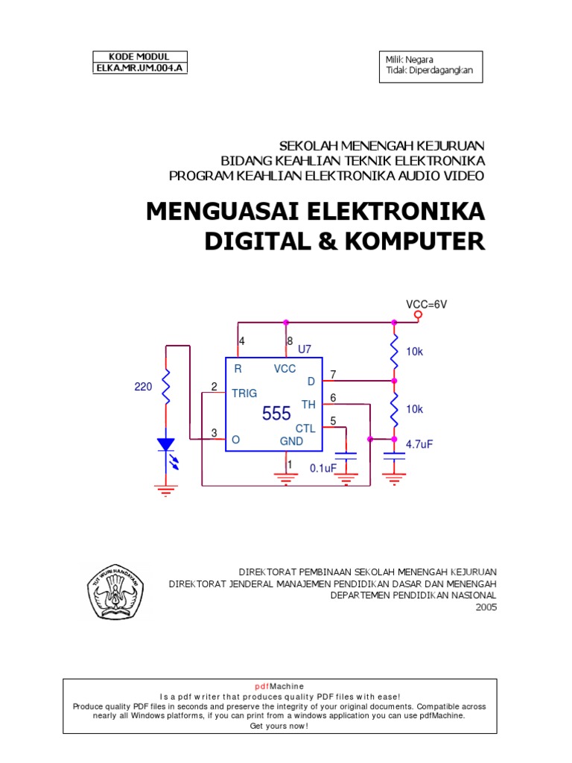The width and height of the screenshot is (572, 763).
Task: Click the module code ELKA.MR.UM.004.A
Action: [x=139, y=68]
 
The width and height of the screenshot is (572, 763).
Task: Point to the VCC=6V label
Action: [x=425, y=304]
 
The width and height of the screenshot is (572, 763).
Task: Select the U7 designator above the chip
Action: [x=304, y=349]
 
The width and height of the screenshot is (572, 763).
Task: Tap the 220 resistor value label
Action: [x=142, y=387]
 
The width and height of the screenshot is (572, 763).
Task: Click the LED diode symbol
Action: [x=165, y=446]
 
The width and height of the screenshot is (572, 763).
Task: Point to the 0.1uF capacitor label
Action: [x=323, y=469]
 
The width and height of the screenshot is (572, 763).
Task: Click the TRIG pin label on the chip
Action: [x=244, y=393]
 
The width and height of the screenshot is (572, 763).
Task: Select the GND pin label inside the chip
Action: [x=291, y=441]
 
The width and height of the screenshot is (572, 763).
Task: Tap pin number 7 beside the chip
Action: [x=333, y=374]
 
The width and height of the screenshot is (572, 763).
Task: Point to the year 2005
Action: [x=485, y=607]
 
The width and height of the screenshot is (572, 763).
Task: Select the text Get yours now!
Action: [x=285, y=726]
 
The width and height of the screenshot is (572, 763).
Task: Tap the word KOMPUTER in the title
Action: [x=413, y=241]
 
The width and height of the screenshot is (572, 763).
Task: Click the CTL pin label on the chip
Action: [x=305, y=428]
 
